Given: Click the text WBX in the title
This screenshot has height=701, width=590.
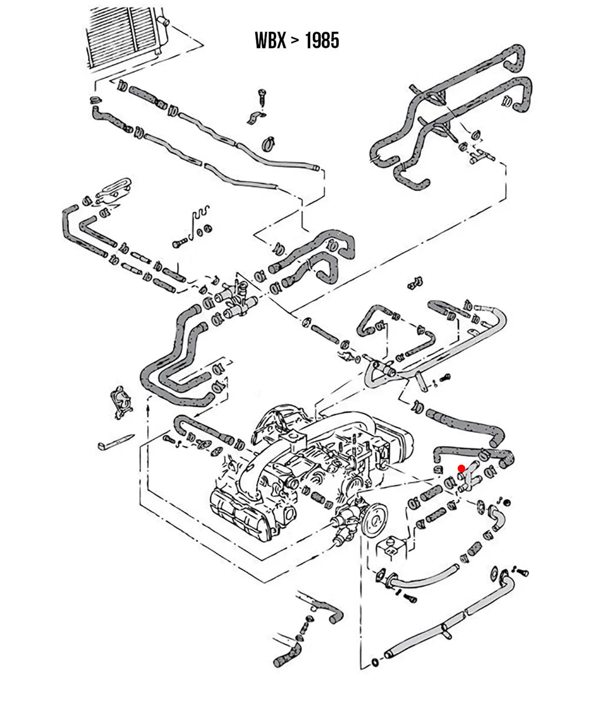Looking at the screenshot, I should pyautogui.click(x=270, y=41).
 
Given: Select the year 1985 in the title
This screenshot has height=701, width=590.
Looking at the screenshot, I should pyautogui.click(x=322, y=41).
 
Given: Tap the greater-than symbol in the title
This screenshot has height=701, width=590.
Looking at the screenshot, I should pyautogui.click(x=295, y=41).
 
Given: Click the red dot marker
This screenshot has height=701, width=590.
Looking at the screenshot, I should pyautogui.click(x=461, y=468).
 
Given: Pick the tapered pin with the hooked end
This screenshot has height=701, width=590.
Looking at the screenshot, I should pyautogui.click(x=116, y=442).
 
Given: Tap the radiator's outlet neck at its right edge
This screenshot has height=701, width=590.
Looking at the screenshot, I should pyautogui.click(x=163, y=24).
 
